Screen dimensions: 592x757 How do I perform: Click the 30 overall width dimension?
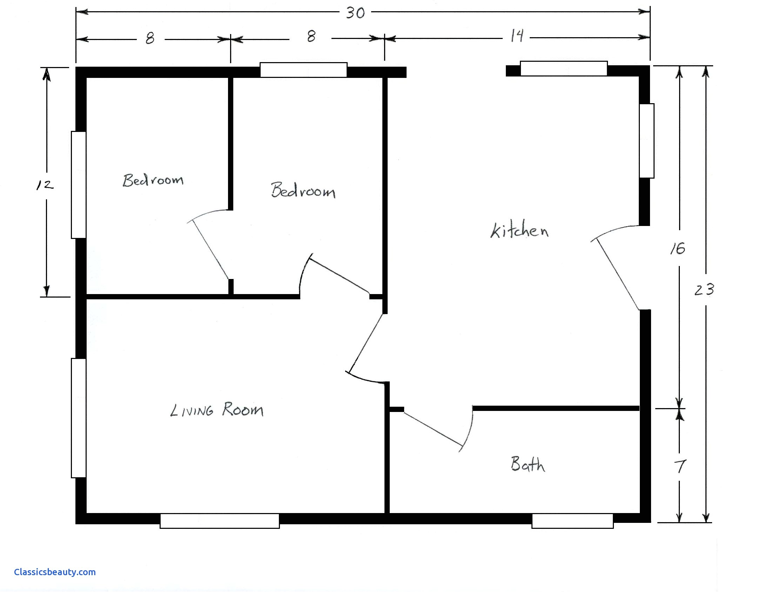(x=355, y=13)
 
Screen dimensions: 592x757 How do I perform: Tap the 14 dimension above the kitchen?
(x=517, y=36)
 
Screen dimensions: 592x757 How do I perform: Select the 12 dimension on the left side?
(x=45, y=185)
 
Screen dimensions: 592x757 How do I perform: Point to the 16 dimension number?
(x=677, y=249)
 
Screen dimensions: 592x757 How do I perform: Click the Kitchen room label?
(x=519, y=231)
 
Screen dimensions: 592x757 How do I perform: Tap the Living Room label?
(x=216, y=410)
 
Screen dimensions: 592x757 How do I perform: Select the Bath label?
(x=528, y=464)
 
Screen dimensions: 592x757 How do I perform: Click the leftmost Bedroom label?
(x=153, y=180)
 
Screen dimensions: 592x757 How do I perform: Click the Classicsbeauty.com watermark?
(x=55, y=572)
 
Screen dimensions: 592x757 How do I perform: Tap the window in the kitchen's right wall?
(x=647, y=141)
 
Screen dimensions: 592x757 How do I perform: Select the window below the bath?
(x=572, y=521)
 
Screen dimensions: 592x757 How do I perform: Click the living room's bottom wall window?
(x=220, y=521)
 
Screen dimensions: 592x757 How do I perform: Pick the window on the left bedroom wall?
(x=79, y=185)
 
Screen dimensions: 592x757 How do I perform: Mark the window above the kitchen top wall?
(x=563, y=68)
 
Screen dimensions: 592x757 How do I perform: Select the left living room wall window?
(x=79, y=418)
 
